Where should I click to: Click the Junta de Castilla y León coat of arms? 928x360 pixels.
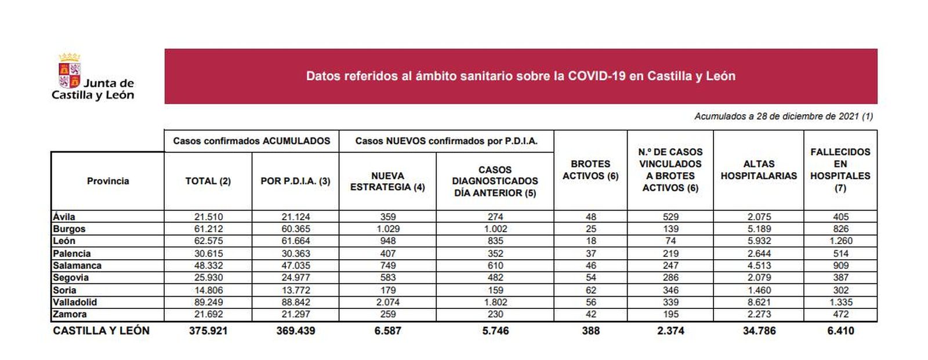tap(69, 72)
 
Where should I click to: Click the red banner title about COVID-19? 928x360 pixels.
tap(520, 76)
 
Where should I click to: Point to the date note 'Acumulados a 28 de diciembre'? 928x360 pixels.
tap(783, 116)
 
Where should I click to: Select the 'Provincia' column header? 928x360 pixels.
tap(108, 181)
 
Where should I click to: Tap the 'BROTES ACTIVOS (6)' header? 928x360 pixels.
tap(590, 170)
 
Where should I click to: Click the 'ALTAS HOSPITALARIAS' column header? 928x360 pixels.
tap(759, 170)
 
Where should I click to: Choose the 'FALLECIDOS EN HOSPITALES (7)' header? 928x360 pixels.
tap(840, 170)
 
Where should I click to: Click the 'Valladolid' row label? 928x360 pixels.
tap(75, 302)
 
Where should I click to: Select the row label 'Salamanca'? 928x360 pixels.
tap(77, 266)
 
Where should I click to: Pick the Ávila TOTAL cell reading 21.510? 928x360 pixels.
tap(208, 217)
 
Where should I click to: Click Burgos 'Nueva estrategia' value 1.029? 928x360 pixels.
tap(387, 229)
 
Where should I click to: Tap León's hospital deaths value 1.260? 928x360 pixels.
tap(840, 241)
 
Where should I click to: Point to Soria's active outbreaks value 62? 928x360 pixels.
tap(590, 290)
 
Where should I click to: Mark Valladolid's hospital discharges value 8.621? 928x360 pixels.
tap(759, 302)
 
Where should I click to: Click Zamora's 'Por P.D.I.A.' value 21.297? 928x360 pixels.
tap(295, 314)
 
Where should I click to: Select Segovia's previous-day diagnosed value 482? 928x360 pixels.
tap(495, 278)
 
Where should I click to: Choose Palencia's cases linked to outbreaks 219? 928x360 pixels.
tap(670, 253)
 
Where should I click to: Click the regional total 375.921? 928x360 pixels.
tap(208, 331)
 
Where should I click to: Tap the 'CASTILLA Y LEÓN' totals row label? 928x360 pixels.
tap(101, 330)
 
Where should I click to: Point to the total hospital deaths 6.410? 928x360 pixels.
tap(840, 331)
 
